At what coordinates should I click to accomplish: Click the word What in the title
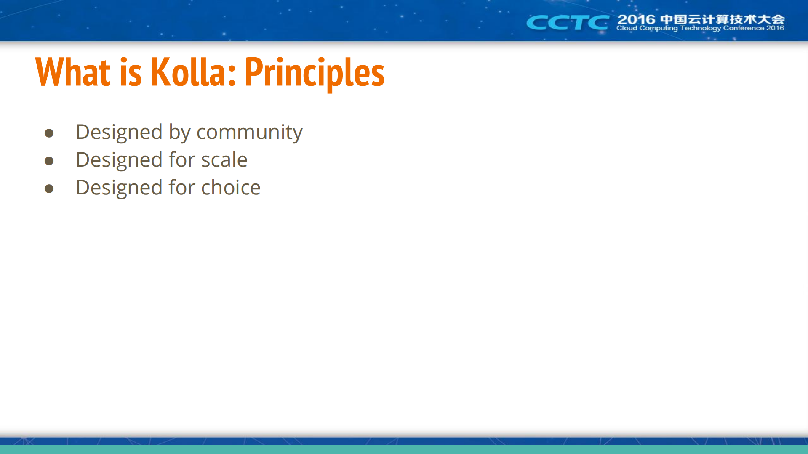coord(73,72)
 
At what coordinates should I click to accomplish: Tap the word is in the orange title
coord(131,72)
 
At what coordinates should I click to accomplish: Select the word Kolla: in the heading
coord(193,72)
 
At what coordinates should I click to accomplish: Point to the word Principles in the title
coord(314,74)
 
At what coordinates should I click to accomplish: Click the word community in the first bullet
coord(249,133)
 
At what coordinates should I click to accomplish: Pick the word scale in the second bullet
coord(224,160)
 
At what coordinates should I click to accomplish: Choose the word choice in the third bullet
coord(231,187)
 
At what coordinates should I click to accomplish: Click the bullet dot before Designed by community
coord(49,133)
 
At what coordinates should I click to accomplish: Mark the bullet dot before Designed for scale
coord(49,161)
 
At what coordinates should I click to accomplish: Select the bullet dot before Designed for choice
coord(49,189)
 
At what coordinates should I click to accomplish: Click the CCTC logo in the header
coord(568,22)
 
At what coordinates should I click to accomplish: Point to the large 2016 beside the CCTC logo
coord(636,19)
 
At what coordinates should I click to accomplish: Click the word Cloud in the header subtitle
coord(627,28)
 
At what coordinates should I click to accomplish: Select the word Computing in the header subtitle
coord(659,29)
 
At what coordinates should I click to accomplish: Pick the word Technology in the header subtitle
coord(701,29)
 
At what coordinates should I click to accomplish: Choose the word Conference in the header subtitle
coord(744,28)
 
